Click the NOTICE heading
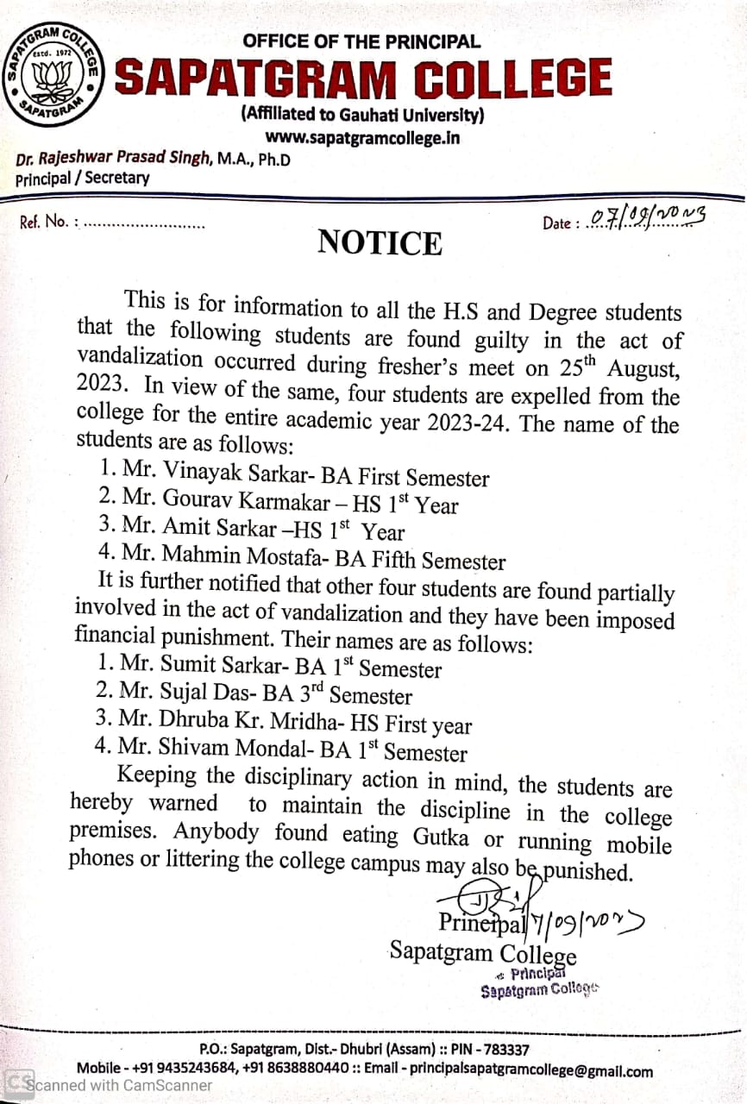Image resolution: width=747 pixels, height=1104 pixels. pos(380,243)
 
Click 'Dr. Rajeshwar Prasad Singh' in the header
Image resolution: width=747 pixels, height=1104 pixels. pos(113,160)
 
